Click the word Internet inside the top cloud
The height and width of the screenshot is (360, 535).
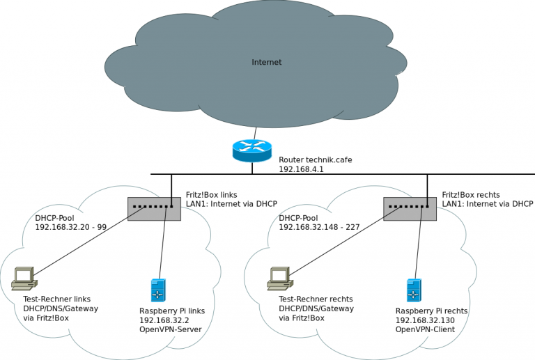[x=267, y=63]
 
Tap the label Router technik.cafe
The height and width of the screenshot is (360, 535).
[x=315, y=159]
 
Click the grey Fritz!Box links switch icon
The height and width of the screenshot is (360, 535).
[x=154, y=208]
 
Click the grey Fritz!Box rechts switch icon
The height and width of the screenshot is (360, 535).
[x=410, y=208]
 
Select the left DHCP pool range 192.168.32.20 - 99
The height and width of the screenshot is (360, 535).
[x=71, y=227]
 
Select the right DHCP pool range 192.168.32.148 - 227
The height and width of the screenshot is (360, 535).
[x=320, y=227]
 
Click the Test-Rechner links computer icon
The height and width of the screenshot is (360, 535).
[x=24, y=278]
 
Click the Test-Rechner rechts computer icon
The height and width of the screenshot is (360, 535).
[x=279, y=278]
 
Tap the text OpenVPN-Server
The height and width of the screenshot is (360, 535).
[x=170, y=329]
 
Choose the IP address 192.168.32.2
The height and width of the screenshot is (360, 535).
[x=166, y=320]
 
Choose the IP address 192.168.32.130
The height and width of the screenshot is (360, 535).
[x=426, y=320]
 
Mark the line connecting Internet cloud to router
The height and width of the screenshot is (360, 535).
[x=256, y=132]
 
